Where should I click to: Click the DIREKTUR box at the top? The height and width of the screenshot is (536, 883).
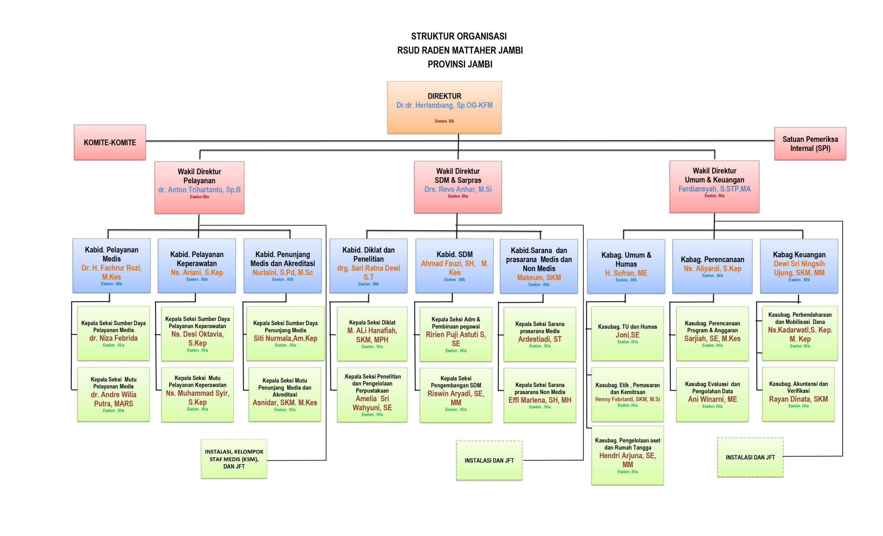[444, 107]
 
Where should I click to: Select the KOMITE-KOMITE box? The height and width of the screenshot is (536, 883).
[110, 142]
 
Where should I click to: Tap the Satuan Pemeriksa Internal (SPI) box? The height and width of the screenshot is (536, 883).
[810, 143]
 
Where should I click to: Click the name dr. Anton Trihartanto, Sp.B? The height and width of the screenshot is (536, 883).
[199, 190]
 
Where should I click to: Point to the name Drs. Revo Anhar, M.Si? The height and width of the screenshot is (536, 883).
[458, 189]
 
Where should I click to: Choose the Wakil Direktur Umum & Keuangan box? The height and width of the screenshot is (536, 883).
[714, 186]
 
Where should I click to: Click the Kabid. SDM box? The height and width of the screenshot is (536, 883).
[454, 266]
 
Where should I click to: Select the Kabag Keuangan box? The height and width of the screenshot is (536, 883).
[799, 266]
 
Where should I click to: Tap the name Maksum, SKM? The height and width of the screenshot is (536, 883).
[539, 277]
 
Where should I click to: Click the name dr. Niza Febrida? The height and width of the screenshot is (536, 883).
[113, 338]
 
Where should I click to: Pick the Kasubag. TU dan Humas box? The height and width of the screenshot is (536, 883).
[627, 333]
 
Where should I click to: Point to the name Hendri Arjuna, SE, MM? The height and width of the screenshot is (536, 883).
[627, 460]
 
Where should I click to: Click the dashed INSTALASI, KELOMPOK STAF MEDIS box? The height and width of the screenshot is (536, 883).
[234, 459]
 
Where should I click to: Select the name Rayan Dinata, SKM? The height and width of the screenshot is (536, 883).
[798, 399]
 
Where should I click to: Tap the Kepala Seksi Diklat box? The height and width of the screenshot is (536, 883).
[372, 334]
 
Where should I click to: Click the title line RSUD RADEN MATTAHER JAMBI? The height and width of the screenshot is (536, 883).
[460, 50]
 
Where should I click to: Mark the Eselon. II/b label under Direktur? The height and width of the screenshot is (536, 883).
[444, 121]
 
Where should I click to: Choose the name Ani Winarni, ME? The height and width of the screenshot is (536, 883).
[712, 399]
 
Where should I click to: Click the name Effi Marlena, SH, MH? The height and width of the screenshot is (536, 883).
[540, 400]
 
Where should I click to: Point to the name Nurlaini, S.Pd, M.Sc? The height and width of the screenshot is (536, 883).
[282, 272]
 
